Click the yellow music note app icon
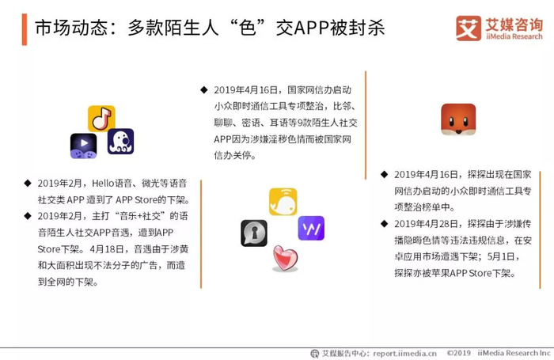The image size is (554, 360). click(x=101, y=119)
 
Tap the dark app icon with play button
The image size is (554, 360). click(x=83, y=146)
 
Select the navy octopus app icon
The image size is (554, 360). click(x=121, y=142)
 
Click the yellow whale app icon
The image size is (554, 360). click(x=283, y=202)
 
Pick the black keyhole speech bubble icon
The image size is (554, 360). click(x=254, y=233)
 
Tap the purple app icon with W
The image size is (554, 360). click(x=311, y=228)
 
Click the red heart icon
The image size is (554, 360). click(x=286, y=258)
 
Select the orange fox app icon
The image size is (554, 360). click(x=458, y=119)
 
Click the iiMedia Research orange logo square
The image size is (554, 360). click(x=469, y=28)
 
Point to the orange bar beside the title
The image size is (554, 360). click(x=25, y=29)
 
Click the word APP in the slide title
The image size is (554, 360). click(x=312, y=28)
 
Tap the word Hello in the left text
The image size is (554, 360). click(x=103, y=184)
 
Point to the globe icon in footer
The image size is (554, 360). click(x=314, y=354)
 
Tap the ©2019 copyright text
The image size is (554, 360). click(x=458, y=353)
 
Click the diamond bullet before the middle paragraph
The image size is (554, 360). click(x=204, y=89)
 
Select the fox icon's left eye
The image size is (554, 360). click(x=451, y=122)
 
